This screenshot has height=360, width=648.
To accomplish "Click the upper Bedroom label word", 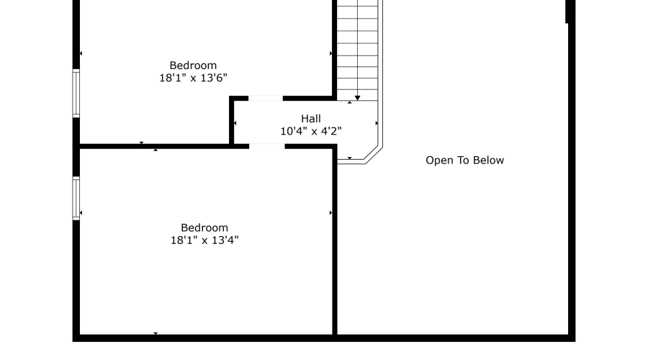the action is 193,66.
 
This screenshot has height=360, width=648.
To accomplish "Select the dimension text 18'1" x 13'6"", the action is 194,78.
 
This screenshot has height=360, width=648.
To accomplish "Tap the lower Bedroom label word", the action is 204,228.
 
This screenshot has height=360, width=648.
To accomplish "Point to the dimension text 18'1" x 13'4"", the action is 204,240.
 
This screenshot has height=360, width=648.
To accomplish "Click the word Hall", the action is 311,119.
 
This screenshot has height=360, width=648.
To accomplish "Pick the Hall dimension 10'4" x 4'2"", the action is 311,131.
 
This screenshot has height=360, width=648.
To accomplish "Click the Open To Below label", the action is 465,161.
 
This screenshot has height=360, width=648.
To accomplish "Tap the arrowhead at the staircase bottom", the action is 357,98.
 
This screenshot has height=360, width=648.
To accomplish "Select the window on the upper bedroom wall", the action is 76,94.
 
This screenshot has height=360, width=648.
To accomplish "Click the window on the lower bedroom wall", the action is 76,198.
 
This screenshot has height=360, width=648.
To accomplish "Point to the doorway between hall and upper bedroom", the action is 265,99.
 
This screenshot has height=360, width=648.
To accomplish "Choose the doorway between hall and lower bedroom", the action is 267,146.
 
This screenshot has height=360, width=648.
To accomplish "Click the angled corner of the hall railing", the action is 373,154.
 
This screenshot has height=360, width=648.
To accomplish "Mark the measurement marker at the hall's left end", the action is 235,123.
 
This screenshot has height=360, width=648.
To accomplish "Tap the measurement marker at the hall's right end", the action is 377,123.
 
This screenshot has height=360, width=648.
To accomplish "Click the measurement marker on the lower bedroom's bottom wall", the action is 156,333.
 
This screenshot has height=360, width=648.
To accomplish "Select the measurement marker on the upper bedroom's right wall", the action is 330,53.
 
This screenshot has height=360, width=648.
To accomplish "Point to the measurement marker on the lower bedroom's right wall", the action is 330,213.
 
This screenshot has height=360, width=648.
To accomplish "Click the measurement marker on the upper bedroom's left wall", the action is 81,53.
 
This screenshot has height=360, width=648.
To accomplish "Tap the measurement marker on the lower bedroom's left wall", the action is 81,213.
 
